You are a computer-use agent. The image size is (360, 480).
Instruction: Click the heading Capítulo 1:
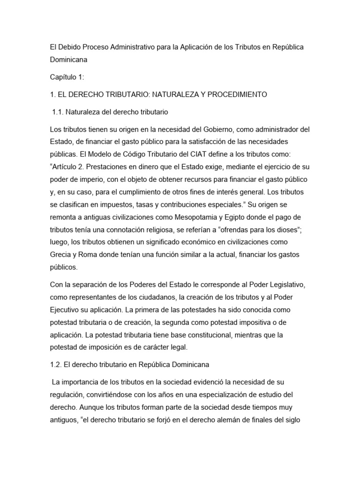click(x=67, y=77)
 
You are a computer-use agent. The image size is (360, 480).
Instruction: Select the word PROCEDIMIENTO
click(x=237, y=95)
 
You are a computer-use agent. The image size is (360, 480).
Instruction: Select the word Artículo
click(x=67, y=166)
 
